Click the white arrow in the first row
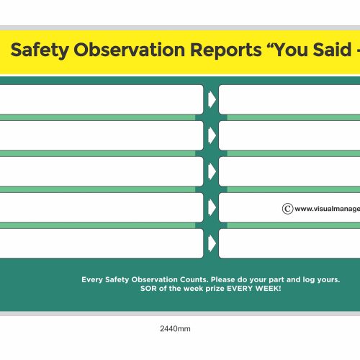tap(212, 99)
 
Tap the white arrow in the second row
tap(212, 135)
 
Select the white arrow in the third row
tap(212, 171)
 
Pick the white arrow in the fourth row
tap(212, 207)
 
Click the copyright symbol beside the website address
tap(287, 209)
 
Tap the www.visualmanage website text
tap(327, 209)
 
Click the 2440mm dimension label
tap(175, 329)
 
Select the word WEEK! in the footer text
tap(266, 289)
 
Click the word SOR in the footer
tap(148, 289)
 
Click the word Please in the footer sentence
tap(230, 279)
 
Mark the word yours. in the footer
tap(329, 279)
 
